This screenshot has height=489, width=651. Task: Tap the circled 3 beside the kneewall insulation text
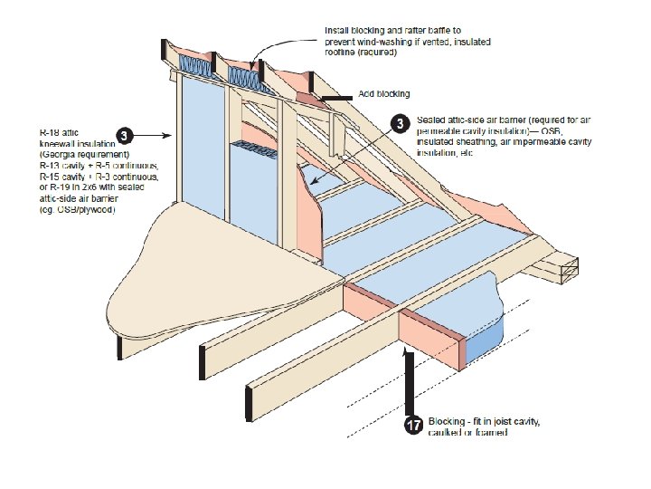[x=127, y=136]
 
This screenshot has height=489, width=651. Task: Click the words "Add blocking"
[x=384, y=94]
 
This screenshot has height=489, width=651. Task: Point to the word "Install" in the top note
[x=339, y=31]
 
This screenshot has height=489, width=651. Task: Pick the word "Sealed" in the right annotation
[x=432, y=119]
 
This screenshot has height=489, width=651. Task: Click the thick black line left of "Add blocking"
[x=335, y=97]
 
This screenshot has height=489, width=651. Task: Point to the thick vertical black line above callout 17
[x=410, y=380]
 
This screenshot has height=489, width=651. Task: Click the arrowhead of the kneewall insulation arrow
[x=171, y=136]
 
